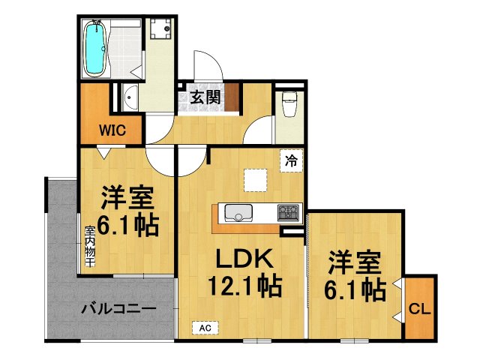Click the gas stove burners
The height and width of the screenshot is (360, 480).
coord(288,212)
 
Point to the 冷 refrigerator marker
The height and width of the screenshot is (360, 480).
coord(291,160)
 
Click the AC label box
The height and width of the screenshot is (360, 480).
coord(204,328)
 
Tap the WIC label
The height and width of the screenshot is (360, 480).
coord(107,129)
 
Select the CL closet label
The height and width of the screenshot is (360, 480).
coord(418,308)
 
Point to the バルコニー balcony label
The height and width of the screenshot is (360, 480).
coord(118,308)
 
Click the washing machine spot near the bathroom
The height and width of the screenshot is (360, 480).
coord(160,30)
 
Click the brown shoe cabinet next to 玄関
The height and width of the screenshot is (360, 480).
coord(232,97)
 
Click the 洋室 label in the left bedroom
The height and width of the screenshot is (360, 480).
coord(127,198)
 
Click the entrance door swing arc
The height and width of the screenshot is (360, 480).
coord(205,63)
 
